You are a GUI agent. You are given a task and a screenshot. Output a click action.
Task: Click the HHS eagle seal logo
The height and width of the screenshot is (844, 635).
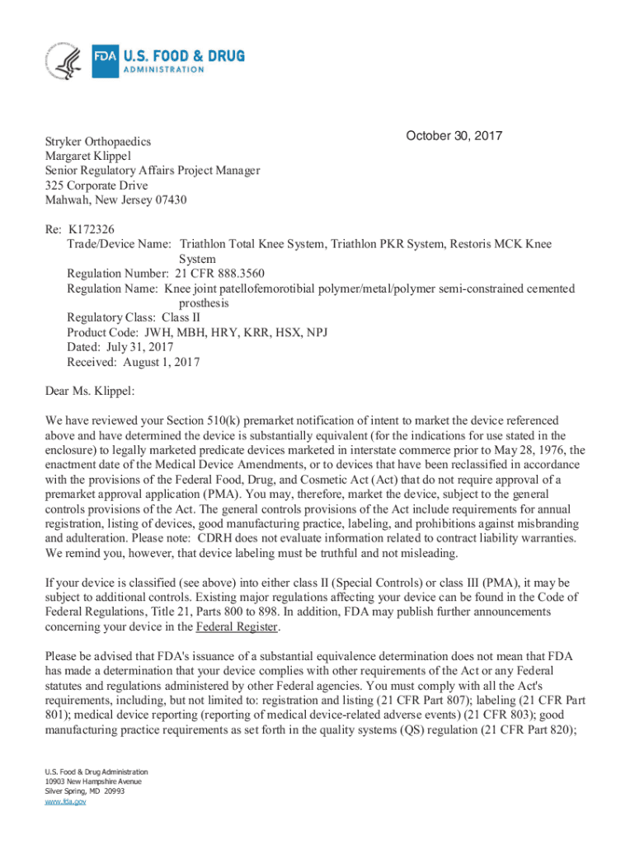64,60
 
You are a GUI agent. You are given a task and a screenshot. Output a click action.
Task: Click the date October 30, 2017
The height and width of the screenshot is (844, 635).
454,136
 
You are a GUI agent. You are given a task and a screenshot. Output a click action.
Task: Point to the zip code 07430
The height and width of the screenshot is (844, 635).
176,200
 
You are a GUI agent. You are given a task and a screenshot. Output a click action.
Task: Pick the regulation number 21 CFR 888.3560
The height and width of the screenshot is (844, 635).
219,274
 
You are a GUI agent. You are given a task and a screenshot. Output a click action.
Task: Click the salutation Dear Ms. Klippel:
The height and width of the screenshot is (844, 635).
90,391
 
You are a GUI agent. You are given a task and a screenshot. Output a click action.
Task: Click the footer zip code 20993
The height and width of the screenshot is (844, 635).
111,790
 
